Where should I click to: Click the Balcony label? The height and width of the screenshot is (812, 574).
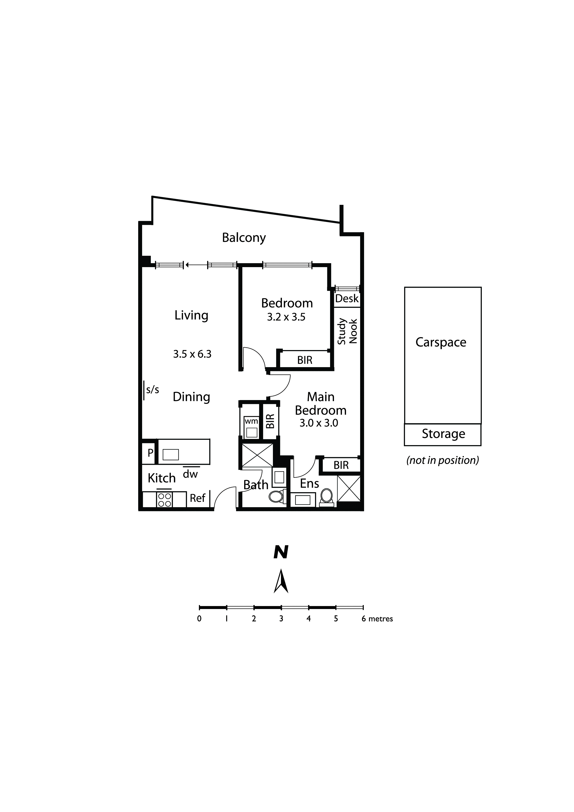pyautogui.click(x=244, y=238)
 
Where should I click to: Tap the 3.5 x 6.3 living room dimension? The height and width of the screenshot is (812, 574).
pyautogui.click(x=192, y=354)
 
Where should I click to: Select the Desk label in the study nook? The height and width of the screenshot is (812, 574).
pyautogui.click(x=347, y=299)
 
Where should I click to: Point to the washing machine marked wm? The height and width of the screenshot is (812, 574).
pyautogui.click(x=251, y=428)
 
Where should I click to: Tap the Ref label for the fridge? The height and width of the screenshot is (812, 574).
pyautogui.click(x=197, y=498)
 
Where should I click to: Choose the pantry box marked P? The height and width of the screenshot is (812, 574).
pyautogui.click(x=150, y=452)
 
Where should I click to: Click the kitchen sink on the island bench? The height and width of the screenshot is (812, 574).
pyautogui.click(x=171, y=454)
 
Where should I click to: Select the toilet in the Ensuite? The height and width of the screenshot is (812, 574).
pyautogui.click(x=326, y=497)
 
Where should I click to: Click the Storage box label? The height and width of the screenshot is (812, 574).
pyautogui.click(x=443, y=434)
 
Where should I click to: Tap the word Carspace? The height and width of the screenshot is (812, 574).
pyautogui.click(x=441, y=342)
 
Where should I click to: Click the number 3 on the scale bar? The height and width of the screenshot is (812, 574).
pyautogui.click(x=281, y=618)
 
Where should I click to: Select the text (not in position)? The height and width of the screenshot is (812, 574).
pyautogui.click(x=443, y=460)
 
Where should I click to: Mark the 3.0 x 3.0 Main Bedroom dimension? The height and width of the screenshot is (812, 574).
pyautogui.click(x=319, y=423)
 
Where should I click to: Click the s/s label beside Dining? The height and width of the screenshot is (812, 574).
pyautogui.click(x=153, y=390)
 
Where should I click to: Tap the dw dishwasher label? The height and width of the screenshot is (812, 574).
pyautogui.click(x=190, y=474)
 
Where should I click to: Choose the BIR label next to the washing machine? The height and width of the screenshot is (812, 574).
pyautogui.click(x=270, y=421)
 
